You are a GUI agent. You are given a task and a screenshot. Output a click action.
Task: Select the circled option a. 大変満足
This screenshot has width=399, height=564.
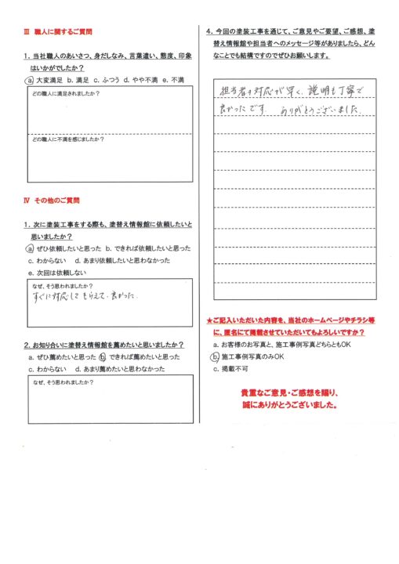[x=45, y=80]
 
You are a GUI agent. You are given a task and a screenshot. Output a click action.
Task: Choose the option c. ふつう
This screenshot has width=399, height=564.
[x=107, y=80]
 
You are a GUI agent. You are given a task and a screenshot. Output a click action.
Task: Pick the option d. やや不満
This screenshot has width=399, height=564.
[x=140, y=80]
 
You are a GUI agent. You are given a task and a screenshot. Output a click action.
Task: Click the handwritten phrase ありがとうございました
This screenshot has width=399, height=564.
[x=318, y=113]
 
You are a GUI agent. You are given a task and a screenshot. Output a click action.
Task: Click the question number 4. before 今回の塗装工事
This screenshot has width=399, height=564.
[x=209, y=32]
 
